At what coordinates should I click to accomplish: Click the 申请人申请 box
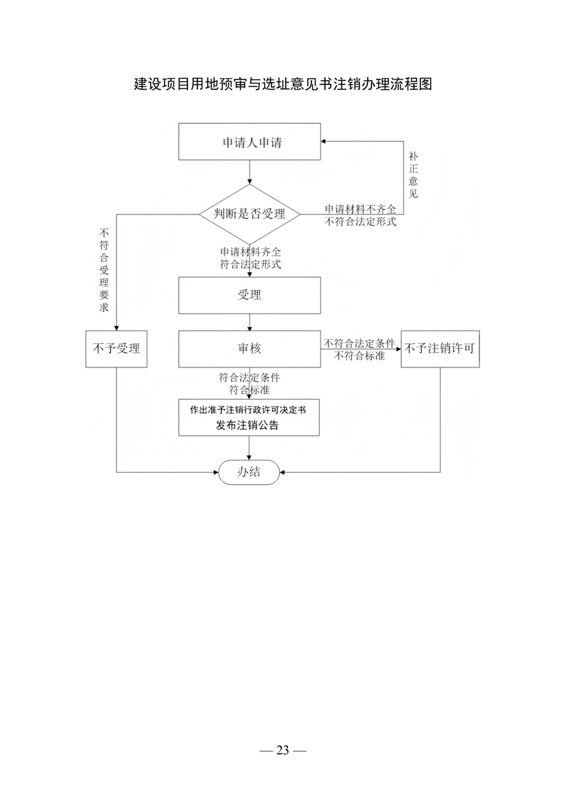coord(249,142)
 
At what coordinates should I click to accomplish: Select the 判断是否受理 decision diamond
coord(249,214)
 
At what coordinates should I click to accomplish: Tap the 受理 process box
coord(249,295)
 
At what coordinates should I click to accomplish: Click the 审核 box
coord(249,348)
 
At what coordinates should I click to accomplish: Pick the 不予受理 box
coord(116,348)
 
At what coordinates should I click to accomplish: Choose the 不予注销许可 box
coord(440,348)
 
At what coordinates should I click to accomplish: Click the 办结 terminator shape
coord(249,472)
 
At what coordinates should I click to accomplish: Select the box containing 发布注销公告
coord(249,417)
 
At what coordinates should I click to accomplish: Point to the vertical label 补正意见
coord(413,174)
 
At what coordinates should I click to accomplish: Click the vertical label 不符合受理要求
coord(104,270)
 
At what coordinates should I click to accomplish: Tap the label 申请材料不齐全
coord(361,209)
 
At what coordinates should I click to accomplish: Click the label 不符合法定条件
coord(360,343)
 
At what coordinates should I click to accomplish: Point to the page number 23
coord(282,750)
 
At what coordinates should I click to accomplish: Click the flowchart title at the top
coord(283,84)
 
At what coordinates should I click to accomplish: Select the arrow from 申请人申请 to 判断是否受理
coord(249,172)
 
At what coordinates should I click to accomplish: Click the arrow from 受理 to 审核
coord(249,322)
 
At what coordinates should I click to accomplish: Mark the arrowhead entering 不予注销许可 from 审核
coord(398,349)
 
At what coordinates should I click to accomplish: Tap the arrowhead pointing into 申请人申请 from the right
coord(323,142)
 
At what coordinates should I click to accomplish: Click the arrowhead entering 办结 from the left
coord(216,472)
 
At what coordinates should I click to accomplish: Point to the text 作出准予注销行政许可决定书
coord(249,409)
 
